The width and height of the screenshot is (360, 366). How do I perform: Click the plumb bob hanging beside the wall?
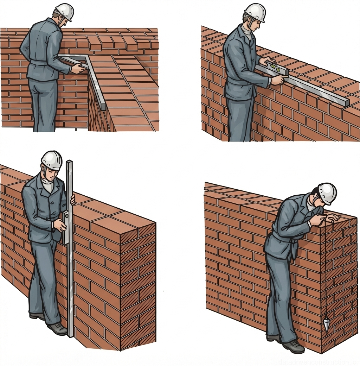[x=326, y=324]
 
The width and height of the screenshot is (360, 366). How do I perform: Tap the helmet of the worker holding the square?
[x=65, y=12]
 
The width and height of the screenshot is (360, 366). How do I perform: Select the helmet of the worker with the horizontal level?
[x=255, y=13]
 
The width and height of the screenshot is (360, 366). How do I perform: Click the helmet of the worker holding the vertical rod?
[x=52, y=160]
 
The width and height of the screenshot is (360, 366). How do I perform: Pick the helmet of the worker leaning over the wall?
[x=327, y=193]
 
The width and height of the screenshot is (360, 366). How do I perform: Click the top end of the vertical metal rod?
[x=69, y=163]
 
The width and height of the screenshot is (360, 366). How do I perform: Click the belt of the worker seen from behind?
[x=39, y=62]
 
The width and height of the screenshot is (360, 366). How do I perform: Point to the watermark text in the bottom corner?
[x=318, y=361]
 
